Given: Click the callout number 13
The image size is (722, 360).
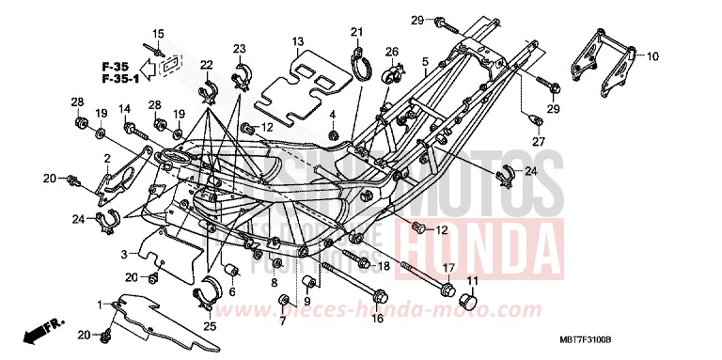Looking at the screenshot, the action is (x=297, y=41).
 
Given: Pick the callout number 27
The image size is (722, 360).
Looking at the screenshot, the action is (x=539, y=141).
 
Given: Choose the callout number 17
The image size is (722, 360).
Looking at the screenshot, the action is (x=448, y=267).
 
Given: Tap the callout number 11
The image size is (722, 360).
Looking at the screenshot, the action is (x=472, y=281).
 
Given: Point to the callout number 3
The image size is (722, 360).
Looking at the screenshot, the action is (x=122, y=255).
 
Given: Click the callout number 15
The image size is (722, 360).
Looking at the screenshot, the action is (x=158, y=34).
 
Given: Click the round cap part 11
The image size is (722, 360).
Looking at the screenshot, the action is (x=466, y=301).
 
